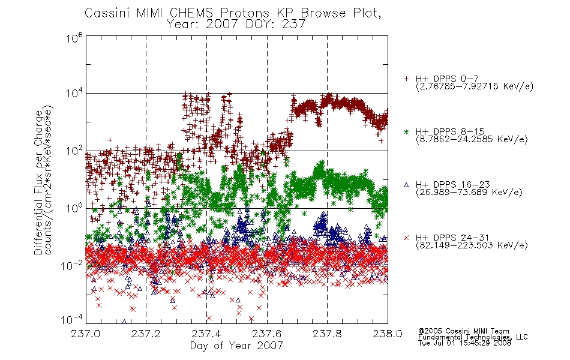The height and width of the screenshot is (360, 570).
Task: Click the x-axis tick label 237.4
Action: coord(206,334)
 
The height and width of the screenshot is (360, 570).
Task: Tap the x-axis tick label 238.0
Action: coord(388,334)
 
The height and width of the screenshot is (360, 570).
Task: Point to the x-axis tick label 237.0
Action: coord(85,334)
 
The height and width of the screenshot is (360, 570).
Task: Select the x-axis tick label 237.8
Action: coord(327,334)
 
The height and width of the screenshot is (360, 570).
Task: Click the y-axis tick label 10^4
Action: coord(74,93)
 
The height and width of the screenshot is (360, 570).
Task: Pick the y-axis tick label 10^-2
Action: coord(72,265)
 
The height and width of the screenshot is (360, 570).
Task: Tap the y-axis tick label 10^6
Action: coord(74,37)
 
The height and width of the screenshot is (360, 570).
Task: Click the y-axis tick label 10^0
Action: coord(74,208)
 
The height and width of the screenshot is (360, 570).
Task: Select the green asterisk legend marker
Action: coord(406,132)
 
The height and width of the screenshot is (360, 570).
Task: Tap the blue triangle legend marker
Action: coord(406,185)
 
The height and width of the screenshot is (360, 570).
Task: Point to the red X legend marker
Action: coord(406,238)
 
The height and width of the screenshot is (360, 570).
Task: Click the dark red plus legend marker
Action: coord(406,79)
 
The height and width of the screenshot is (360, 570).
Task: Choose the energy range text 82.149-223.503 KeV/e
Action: coord(472,245)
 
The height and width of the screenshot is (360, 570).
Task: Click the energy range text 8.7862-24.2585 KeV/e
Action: coord(472,139)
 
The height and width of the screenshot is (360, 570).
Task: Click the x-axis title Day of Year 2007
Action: coord(236,346)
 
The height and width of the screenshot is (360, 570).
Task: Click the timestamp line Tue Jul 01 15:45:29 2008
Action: coord(464,343)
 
